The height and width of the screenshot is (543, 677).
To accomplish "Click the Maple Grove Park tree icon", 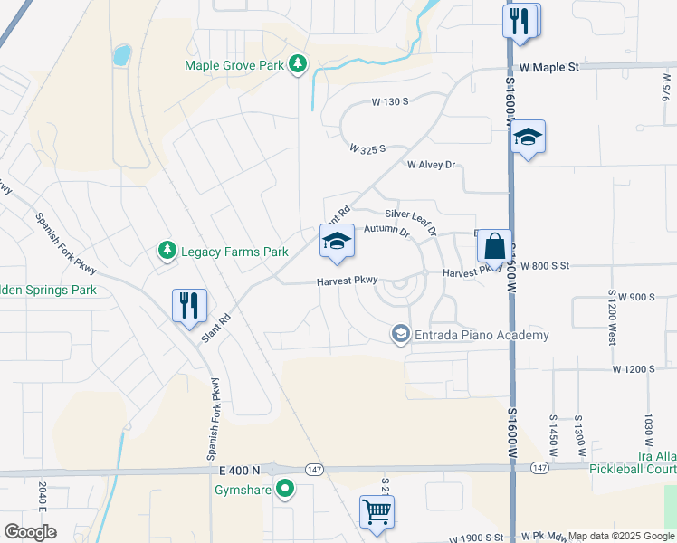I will [x=297, y=64].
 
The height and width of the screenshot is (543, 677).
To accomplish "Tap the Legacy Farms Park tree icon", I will [x=166, y=251].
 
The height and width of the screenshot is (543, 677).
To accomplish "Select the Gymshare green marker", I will [x=286, y=490].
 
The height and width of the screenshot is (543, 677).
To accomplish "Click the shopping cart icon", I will [x=377, y=510].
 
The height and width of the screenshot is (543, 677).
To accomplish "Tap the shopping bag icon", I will [x=494, y=245].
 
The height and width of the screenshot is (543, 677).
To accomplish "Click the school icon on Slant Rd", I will [x=337, y=241].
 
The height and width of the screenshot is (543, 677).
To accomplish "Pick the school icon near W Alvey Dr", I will [x=528, y=137].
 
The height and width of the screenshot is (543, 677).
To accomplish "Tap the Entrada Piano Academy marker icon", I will [x=400, y=335].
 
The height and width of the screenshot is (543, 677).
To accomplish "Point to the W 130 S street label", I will [x=391, y=102].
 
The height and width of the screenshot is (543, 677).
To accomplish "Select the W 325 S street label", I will [x=368, y=148].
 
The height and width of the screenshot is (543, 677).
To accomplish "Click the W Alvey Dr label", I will [x=431, y=165].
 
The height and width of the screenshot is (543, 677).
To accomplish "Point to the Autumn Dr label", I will [x=386, y=231].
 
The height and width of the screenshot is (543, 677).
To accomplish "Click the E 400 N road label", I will [x=239, y=470].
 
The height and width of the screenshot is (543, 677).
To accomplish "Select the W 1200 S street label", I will [x=634, y=369].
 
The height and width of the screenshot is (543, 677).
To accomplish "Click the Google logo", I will [x=30, y=531].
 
